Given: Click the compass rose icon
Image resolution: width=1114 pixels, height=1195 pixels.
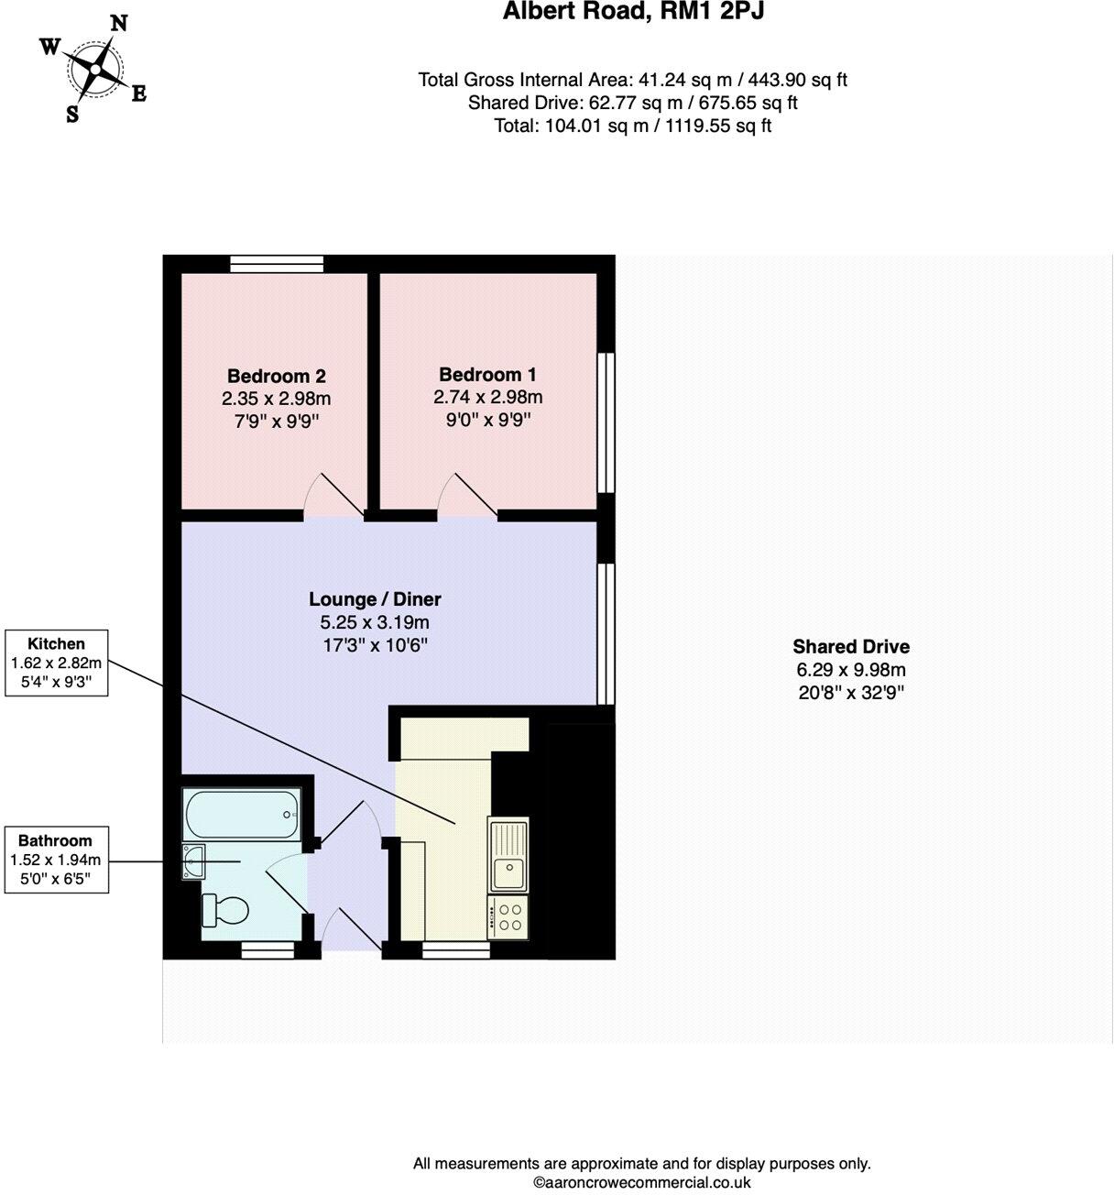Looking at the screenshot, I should tap(93, 70).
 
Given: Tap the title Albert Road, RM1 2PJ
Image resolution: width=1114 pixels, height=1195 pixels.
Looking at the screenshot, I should tap(633, 12).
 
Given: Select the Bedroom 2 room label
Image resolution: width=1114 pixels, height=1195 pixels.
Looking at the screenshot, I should tap(276, 376).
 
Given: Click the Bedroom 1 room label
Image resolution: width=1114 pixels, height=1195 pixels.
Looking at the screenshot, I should tap(487, 374).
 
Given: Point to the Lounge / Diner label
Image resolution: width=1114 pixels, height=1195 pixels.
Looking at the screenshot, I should tap(375, 599).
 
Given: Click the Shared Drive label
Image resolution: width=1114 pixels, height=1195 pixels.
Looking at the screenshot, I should tap(851, 646).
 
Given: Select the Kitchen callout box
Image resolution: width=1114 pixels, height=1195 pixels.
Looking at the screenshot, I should tap(56, 662).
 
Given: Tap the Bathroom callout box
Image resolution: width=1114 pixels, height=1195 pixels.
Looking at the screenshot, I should tap(56, 860).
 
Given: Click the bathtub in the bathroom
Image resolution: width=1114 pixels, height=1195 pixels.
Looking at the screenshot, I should tap(242, 813).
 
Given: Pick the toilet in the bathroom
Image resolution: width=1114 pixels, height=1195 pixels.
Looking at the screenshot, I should tap(225, 911).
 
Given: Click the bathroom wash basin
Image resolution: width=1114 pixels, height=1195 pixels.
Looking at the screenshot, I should tap(194, 861).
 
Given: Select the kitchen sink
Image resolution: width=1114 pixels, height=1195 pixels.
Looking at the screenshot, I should tap(508, 856).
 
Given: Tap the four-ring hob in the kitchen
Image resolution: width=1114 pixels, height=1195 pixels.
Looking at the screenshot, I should tap(508, 918).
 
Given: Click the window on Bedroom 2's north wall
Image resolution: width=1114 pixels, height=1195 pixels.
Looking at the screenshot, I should tap(277, 264).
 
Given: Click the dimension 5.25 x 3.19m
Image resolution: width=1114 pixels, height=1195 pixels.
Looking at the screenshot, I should tap(375, 622).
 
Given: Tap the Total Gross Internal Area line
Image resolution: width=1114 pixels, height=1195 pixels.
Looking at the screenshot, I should tap(632, 80).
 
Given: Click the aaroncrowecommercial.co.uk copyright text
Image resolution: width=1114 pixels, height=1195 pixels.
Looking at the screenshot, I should tap(641, 1182).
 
